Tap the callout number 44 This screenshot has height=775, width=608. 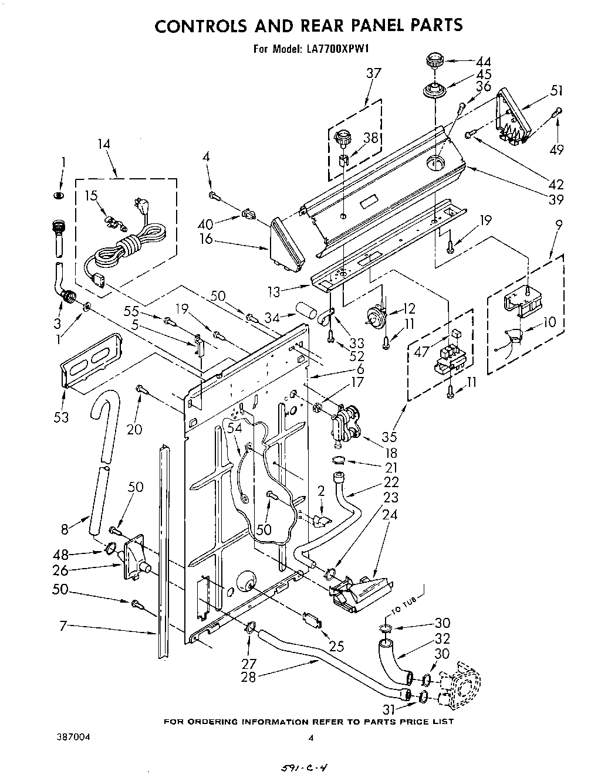point(484,62)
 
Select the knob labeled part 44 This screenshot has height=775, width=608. point(435,60)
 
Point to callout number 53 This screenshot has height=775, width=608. point(61,417)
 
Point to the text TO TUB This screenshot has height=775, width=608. point(404,604)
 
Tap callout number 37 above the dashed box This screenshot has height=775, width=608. point(373,73)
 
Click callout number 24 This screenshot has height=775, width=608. point(390,515)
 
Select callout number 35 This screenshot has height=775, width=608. point(390,436)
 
